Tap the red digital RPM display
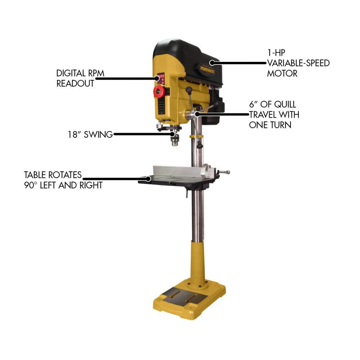click(161, 77)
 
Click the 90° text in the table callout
click(31, 185)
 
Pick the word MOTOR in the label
click(282, 73)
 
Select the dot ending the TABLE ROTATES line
click(149, 178)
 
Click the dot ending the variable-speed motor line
click(212, 63)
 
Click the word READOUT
click(75, 83)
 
